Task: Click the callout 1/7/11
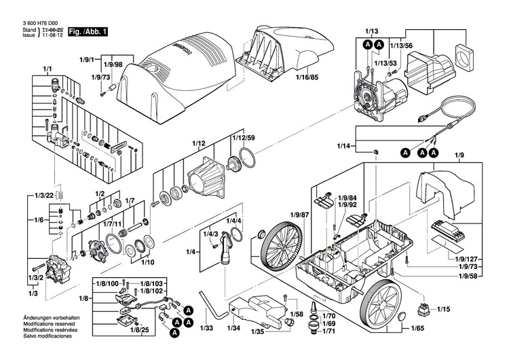click(112, 223)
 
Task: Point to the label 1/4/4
click(233, 221)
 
